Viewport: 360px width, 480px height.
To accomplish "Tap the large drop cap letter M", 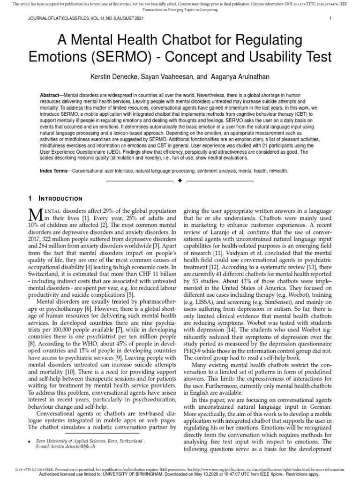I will (36, 215).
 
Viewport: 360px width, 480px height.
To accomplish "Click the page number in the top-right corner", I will (330, 19).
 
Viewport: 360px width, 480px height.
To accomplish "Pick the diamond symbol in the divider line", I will (180, 180).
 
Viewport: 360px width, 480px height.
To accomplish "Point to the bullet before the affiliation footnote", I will (30, 442).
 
